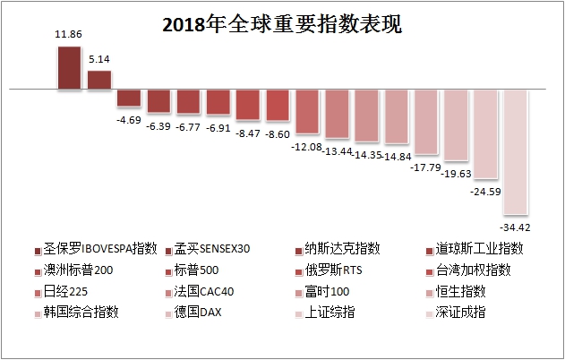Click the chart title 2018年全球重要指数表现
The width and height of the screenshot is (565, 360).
(x=282, y=24)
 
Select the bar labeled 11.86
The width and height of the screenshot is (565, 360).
(x=69, y=68)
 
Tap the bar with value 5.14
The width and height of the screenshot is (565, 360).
(x=98, y=80)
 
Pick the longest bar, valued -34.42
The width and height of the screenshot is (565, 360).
(x=515, y=151)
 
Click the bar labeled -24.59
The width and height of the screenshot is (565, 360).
(x=485, y=133)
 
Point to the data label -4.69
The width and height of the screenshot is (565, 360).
(x=129, y=118)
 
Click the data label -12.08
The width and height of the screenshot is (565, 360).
(x=306, y=146)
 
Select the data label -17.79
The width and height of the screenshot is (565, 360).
(x=425, y=167)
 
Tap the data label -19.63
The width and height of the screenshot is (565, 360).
(x=455, y=174)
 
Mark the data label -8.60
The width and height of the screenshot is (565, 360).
(x=277, y=133)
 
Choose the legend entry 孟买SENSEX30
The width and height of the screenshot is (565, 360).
(x=212, y=248)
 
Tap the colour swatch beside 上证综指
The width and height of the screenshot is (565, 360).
(x=298, y=313)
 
